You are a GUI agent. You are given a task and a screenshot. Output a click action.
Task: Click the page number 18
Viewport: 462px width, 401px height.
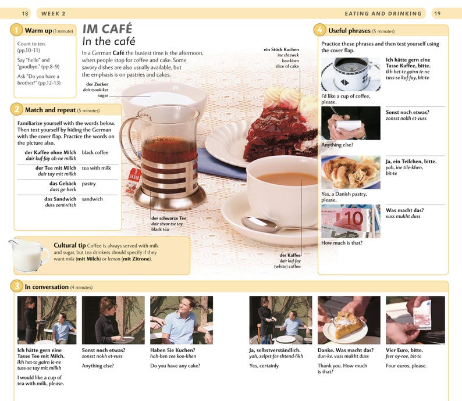(x=25, y=13)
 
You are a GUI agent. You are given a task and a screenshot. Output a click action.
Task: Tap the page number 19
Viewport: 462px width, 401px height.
(x=437, y=13)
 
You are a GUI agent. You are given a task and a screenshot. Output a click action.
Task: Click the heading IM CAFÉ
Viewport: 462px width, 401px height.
(x=107, y=28)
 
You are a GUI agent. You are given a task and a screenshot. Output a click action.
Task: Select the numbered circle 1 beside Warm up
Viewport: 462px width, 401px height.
(x=17, y=30)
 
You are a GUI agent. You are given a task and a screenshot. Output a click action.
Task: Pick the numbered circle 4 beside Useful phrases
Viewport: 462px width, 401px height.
(x=319, y=30)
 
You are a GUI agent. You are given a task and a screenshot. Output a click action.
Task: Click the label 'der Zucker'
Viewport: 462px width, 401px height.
(x=97, y=84)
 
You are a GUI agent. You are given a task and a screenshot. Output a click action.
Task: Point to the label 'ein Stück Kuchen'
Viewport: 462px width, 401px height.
(x=281, y=50)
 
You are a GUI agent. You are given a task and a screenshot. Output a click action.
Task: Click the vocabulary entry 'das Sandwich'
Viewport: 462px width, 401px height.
(x=61, y=199)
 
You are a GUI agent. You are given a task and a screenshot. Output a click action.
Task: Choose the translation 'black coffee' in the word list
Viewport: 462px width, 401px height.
(x=95, y=152)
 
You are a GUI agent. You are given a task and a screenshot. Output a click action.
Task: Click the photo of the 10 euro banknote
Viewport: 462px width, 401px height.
(x=350, y=221)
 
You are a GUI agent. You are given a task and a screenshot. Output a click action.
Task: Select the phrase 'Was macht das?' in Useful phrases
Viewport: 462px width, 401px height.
(x=404, y=210)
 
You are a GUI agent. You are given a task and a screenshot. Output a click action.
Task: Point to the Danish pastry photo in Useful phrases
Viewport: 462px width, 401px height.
(x=350, y=172)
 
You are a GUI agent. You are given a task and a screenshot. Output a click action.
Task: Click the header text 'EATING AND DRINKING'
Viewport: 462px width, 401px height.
(x=383, y=13)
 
